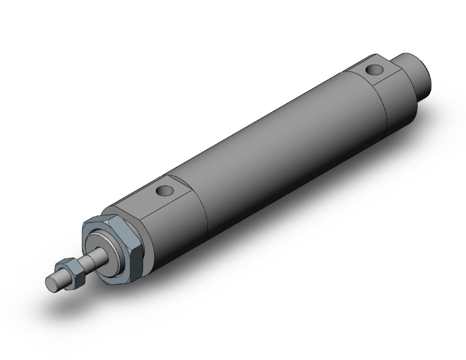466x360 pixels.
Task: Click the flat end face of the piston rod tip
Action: pos(50,283)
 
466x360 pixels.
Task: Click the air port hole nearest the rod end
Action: pos(165,190)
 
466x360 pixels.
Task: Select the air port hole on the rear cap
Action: pos(375,70)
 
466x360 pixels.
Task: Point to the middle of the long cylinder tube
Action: pos(276,150)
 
